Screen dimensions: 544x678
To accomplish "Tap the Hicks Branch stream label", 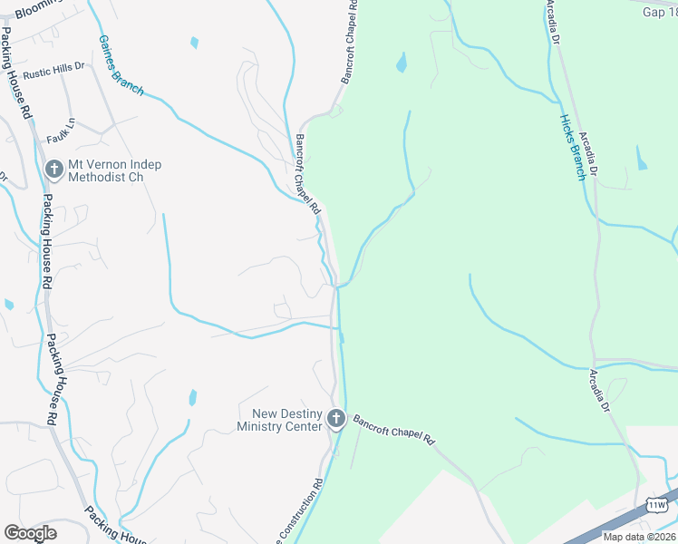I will pyautogui.click(x=571, y=148).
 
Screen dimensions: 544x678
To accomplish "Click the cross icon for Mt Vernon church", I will pyautogui.click(x=53, y=170).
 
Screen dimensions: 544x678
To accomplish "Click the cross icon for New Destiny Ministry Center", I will pyautogui.click(x=336, y=419).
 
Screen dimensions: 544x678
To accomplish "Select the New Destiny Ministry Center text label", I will pyautogui.click(x=279, y=420).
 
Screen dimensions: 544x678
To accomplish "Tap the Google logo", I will pyautogui.click(x=30, y=534).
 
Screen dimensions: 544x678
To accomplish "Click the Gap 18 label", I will pyautogui.click(x=659, y=12).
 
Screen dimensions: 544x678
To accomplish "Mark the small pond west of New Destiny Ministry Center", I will pyautogui.click(x=193, y=397).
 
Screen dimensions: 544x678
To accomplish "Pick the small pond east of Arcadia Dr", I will pyautogui.click(x=642, y=159).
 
